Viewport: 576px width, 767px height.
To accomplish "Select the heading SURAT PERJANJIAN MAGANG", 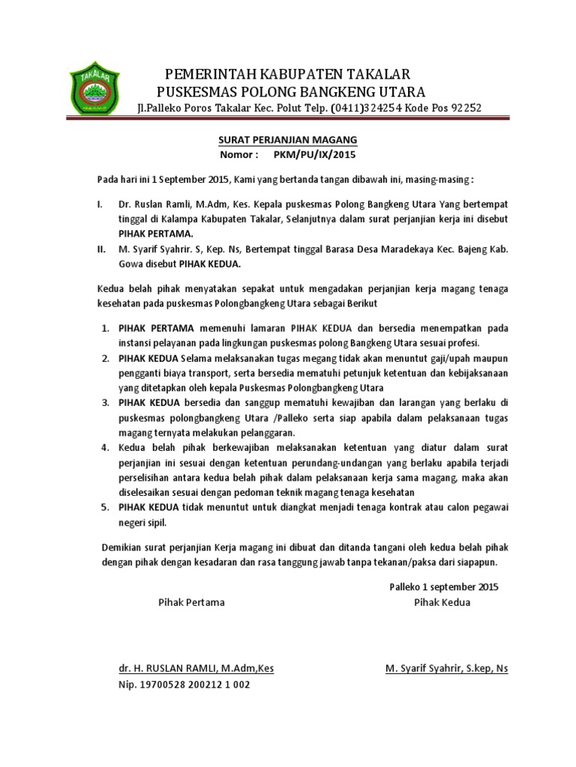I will pyautogui.click(x=287, y=140).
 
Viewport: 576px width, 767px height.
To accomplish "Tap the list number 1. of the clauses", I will pyautogui.click(x=106, y=328).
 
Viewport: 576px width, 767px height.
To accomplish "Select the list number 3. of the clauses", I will pyautogui.click(x=106, y=403).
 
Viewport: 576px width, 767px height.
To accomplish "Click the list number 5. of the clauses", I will pyautogui.click(x=106, y=507).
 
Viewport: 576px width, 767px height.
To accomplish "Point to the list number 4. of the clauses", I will pyautogui.click(x=106, y=448).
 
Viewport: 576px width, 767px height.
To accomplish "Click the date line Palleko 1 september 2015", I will pyautogui.click(x=444, y=586).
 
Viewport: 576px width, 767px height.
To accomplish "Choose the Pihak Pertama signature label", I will pyautogui.click(x=191, y=602).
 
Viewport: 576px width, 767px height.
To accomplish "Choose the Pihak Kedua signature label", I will pyautogui.click(x=442, y=602).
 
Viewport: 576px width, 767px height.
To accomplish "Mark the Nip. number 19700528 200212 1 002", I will pyautogui.click(x=184, y=685).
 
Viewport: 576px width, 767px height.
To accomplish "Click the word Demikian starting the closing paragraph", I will pyautogui.click(x=122, y=547).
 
